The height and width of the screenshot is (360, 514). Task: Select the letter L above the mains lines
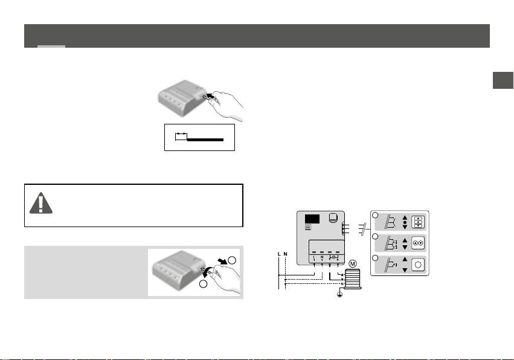pyautogui.click(x=278, y=254)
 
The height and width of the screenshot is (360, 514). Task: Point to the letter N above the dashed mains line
pyautogui.click(x=285, y=254)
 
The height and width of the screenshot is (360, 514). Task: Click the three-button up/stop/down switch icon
pyautogui.click(x=418, y=222)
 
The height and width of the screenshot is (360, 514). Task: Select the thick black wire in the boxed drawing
pyautogui.click(x=205, y=138)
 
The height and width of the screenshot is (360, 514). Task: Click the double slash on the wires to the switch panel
pyautogui.click(x=362, y=230)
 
